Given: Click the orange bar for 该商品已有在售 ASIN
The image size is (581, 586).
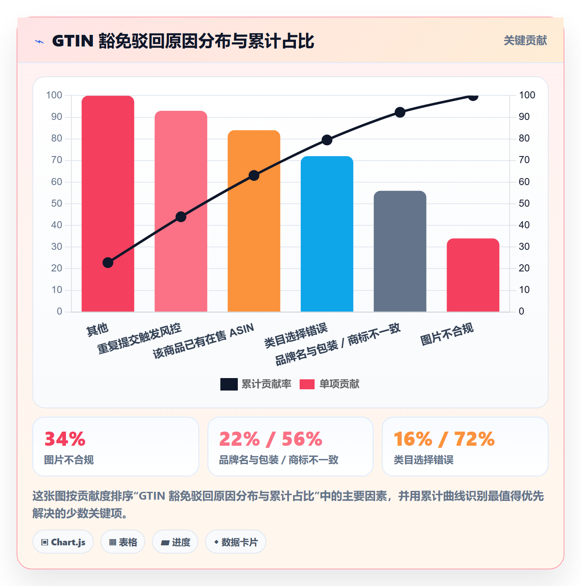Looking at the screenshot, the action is tap(254, 221).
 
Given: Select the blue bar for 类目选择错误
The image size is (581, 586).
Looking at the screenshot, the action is tap(327, 234).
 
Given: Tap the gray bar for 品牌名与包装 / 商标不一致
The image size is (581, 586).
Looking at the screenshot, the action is tap(400, 251).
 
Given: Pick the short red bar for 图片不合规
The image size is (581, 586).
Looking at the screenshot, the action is tap(473, 275).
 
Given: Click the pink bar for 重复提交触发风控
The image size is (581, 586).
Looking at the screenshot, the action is tap(181, 211).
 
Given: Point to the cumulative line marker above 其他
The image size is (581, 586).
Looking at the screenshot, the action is tap(107, 262).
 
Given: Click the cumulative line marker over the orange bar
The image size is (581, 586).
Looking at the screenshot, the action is tap(254, 176).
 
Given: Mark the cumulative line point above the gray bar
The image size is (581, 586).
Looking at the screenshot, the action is tap(400, 112).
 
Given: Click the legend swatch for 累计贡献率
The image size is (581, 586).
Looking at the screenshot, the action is tap(229, 384).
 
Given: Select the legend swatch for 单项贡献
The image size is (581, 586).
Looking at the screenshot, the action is tap(307, 384).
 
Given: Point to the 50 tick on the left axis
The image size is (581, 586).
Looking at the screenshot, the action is tap(56, 203).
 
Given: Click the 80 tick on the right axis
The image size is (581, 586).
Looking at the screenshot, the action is tap(524, 138).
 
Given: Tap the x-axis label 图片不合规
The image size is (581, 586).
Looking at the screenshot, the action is tap(447, 334).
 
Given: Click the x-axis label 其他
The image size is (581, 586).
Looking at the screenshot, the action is tap(98, 330).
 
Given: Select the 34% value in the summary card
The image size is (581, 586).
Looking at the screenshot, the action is tap(65, 439).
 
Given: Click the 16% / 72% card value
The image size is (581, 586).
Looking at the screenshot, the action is tap(444, 439).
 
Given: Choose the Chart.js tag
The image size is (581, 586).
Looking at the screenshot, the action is tap(63, 542).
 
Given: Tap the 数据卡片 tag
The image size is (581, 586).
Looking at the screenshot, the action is tap(235, 542).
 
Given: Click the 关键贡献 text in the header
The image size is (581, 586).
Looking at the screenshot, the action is tap(525, 40).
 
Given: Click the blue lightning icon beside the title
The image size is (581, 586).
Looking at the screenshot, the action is tap(39, 42).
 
